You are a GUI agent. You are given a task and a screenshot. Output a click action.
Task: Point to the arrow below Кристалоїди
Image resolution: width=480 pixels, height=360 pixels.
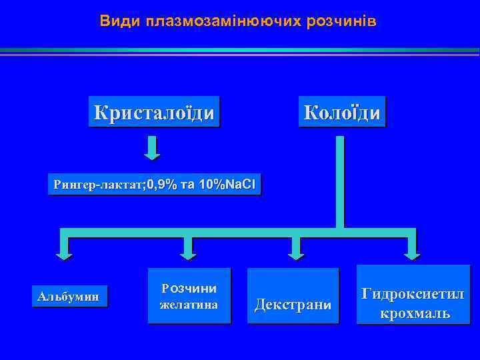(153, 148)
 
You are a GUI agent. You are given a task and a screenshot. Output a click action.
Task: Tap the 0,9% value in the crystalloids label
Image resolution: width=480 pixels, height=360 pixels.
(162, 185)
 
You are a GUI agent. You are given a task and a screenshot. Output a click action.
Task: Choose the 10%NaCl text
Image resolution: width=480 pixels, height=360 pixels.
(227, 185)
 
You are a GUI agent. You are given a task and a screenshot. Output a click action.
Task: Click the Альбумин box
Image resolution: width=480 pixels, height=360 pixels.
(69, 296)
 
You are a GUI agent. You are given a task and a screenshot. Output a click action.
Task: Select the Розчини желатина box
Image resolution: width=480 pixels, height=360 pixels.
(189, 296)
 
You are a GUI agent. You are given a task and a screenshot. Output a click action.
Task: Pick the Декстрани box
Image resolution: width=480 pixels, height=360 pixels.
(293, 305)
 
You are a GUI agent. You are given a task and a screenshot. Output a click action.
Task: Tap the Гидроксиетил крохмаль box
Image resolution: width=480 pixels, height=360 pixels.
(413, 303)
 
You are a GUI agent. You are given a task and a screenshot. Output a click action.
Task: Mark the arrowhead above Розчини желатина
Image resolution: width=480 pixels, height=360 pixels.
(189, 251)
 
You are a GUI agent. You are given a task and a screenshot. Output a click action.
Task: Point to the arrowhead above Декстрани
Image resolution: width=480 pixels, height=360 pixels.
(294, 251)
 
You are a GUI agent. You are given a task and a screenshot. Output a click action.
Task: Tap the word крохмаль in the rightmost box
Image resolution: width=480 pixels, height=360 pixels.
(414, 313)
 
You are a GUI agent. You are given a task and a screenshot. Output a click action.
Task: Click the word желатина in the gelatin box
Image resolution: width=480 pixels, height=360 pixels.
(189, 305)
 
